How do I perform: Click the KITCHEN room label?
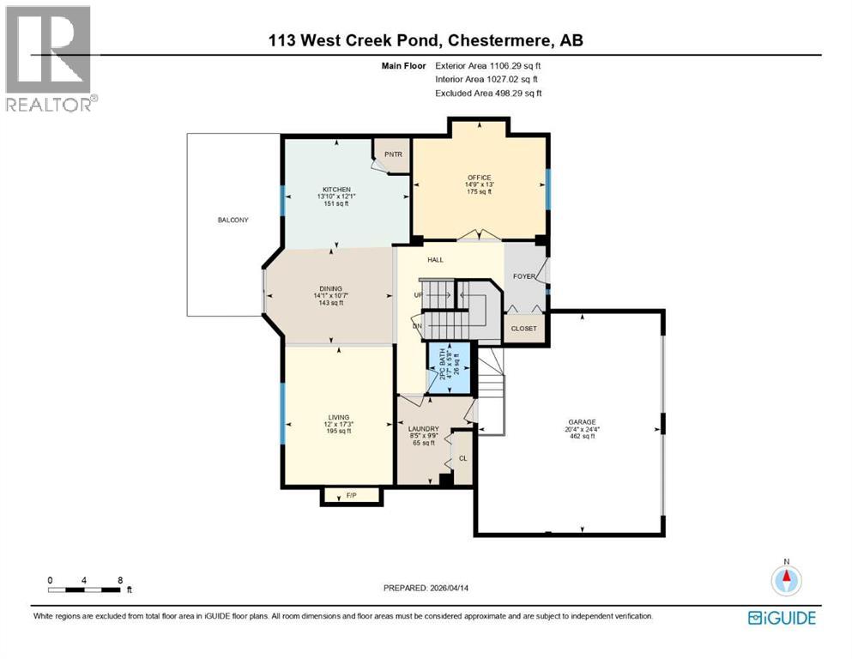coord(336,190)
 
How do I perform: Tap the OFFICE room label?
coord(479,178)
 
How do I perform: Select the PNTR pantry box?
coord(393,154)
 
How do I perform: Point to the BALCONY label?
coord(233,221)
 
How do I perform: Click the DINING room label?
coord(331,289)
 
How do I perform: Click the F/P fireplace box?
coord(351,496)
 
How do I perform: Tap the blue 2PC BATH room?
coord(450,367)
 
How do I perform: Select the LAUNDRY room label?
coord(424,429)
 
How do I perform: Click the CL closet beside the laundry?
coord(462,458)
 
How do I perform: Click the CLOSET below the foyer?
coord(523,329)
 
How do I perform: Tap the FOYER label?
coord(523,276)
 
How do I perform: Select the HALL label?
coord(435,259)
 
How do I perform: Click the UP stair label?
coord(418,295)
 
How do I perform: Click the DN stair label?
coord(417,325)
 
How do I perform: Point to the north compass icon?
coord(785,580)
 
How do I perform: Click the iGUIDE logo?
coord(781,618)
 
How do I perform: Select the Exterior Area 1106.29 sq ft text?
coord(488,65)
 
